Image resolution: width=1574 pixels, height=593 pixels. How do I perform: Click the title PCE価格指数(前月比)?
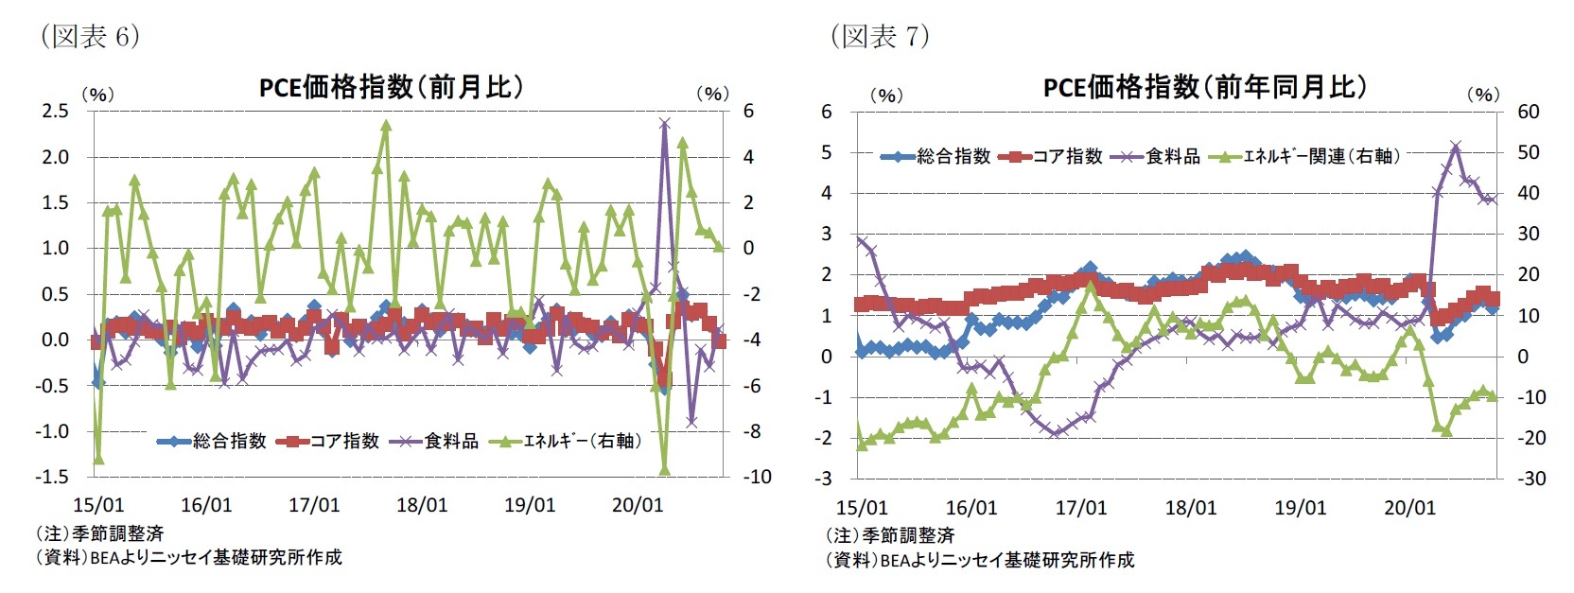391,87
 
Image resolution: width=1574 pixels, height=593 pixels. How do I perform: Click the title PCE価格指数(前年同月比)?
1205,87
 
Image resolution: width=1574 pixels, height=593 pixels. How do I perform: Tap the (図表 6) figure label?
90,36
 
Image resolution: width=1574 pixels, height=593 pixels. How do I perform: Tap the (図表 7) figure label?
880,36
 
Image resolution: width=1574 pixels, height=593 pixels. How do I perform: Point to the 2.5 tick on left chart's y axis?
56,111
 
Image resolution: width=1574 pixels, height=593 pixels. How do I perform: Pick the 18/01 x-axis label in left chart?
422,505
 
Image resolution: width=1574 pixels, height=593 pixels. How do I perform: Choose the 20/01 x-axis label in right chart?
1409,508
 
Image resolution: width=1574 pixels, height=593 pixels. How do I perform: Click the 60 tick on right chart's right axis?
1529,112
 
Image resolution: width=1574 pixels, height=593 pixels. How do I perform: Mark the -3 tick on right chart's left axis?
825,479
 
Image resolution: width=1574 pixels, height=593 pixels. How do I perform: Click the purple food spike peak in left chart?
664,123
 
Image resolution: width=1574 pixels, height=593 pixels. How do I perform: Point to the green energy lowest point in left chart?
664,469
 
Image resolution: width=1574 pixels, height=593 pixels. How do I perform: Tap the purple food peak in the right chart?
1456,146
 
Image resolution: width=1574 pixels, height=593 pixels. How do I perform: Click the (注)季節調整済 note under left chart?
99,533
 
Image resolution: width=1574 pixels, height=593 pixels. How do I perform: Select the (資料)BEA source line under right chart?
979,560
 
